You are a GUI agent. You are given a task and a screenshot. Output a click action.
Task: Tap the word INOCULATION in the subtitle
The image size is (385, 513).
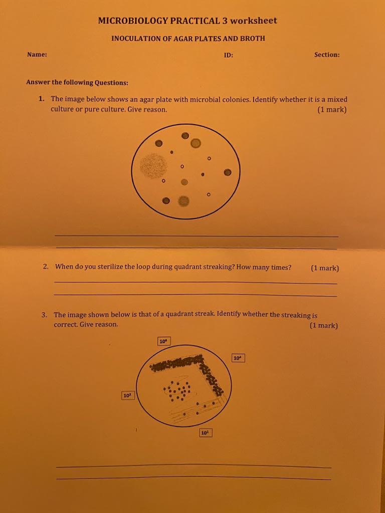tap(134, 39)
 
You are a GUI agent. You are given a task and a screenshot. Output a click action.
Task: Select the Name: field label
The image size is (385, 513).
tap(37, 55)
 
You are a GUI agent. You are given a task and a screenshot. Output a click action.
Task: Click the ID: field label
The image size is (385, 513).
tap(228, 55)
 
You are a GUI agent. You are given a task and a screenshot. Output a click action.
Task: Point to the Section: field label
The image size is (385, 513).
tap(327, 55)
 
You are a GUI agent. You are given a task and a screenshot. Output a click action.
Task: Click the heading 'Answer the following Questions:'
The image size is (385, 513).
tap(77, 83)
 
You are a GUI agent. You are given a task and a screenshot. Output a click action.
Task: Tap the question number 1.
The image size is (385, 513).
tap(41, 99)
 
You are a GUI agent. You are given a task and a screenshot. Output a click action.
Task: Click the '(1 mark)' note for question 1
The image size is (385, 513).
tap(332, 109)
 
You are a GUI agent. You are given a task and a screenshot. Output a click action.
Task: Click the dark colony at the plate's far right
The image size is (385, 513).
tap(228, 172)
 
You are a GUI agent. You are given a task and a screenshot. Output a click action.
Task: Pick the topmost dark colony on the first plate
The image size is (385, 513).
tap(185, 135)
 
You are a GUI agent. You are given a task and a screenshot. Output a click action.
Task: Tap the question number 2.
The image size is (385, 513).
tap(46, 267)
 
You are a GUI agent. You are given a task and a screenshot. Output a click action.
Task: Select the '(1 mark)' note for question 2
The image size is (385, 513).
tap(325, 268)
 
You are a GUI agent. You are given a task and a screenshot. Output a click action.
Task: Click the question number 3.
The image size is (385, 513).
tap(45, 315)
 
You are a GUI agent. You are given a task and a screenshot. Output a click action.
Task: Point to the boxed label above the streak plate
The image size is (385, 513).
tap(163, 341)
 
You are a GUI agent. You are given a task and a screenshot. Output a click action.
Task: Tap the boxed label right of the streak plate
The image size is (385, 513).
tap(238, 358)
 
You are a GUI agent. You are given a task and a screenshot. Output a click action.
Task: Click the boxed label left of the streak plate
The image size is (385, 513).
tap(127, 396)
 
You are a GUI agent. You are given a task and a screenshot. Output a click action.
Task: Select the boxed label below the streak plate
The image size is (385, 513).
tap(206, 432)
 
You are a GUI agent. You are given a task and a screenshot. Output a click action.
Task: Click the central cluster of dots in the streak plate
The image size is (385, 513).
tap(177, 390)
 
